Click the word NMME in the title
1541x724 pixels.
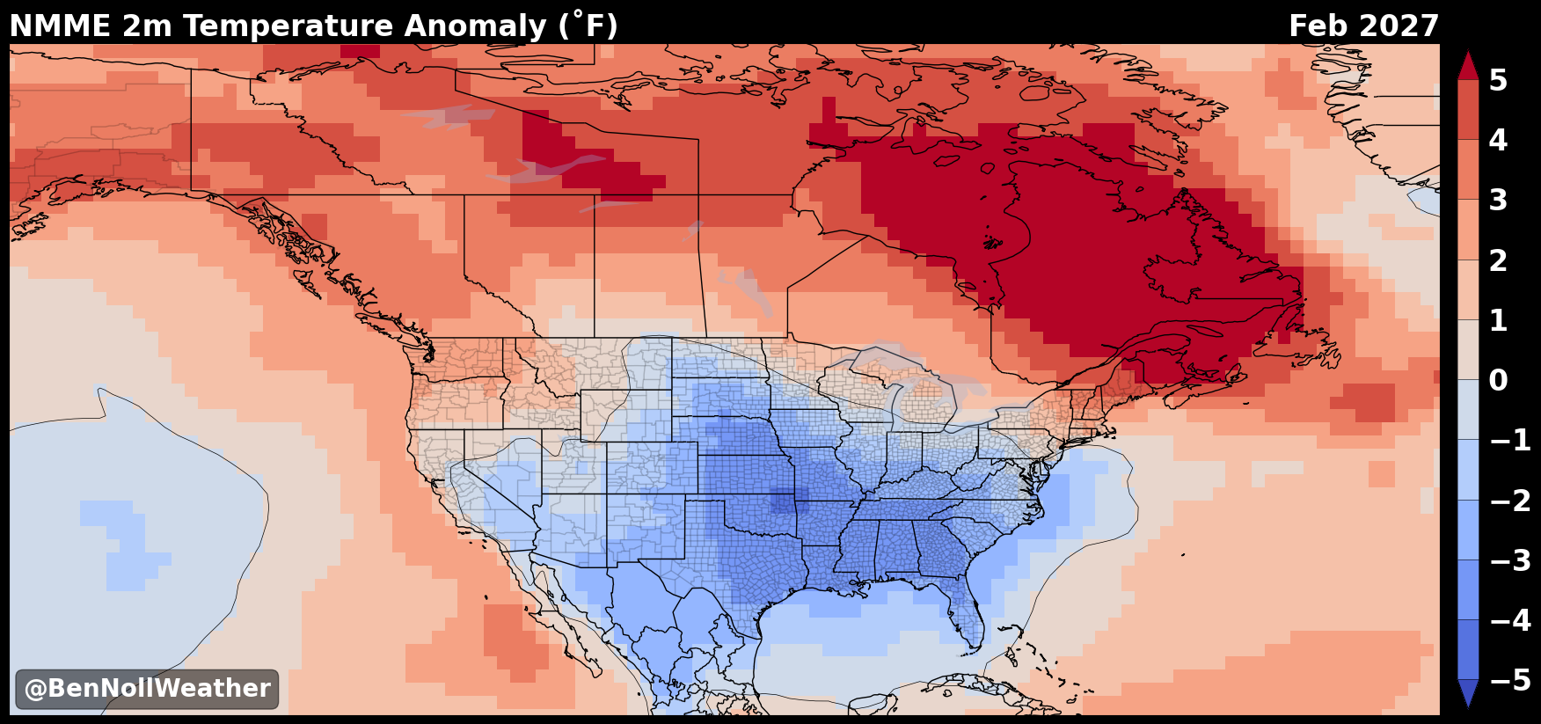[x=61, y=26]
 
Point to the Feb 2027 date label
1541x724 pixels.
[x=1363, y=26]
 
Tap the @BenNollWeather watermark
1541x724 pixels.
[x=147, y=689]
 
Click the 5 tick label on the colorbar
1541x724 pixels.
[x=1498, y=80]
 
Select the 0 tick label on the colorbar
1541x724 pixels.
[x=1498, y=380]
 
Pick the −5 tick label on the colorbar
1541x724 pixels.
[x=1510, y=680]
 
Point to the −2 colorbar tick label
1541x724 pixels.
[x=1510, y=501]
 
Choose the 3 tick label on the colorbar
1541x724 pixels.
[x=1498, y=201]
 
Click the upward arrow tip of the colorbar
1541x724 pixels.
[x=1468, y=52]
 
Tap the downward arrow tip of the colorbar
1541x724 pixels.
[x=1468, y=706]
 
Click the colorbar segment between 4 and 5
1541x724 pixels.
[x=1468, y=110]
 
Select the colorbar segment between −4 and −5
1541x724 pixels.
[x=1468, y=649]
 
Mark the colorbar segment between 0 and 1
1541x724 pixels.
[x=1468, y=349]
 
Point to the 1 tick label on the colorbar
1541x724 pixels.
[x=1498, y=320]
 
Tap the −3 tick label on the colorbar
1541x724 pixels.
[x=1510, y=560]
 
